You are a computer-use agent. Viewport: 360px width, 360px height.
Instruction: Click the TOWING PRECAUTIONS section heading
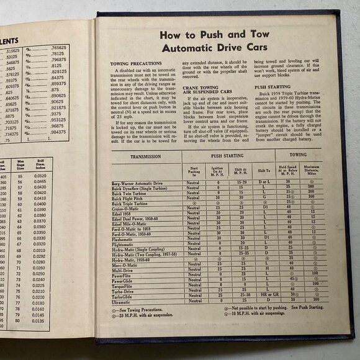point(132,63)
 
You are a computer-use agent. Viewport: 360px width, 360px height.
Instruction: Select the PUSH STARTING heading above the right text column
point(271,87)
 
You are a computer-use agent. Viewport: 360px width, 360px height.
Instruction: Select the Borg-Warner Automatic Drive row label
point(137,184)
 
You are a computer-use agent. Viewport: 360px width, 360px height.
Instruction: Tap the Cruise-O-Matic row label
point(126,208)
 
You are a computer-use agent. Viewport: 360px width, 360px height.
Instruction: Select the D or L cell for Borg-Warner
point(266,183)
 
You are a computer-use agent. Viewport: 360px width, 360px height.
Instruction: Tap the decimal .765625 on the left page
point(58,48)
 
